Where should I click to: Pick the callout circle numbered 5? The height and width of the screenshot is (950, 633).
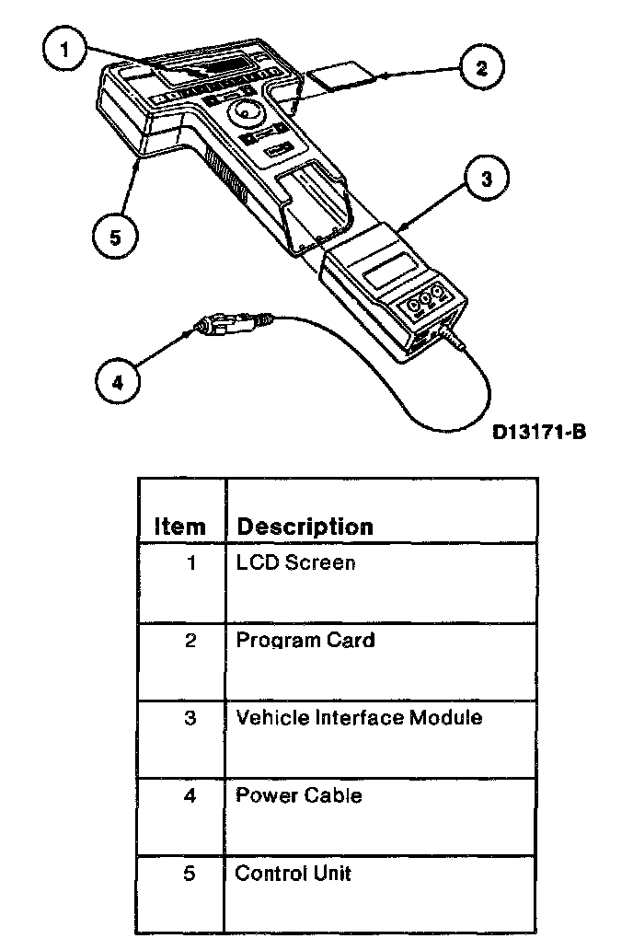point(115,237)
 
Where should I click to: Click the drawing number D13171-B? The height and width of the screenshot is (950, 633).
point(538,431)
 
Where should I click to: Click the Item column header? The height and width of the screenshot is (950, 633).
point(180,527)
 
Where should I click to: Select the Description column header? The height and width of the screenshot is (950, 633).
point(305,527)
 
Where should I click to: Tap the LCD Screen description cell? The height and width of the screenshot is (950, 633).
point(295,562)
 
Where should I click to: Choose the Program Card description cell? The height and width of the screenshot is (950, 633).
point(305,640)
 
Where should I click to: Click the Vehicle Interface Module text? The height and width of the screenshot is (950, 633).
point(359,717)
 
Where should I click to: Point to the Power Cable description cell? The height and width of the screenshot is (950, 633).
point(299,794)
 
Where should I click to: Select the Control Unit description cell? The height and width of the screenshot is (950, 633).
point(293,872)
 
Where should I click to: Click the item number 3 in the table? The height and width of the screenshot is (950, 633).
point(190,718)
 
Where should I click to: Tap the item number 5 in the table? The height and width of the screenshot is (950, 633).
point(190,873)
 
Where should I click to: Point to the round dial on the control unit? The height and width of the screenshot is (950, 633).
point(246,115)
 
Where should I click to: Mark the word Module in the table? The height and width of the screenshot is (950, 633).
point(448,717)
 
